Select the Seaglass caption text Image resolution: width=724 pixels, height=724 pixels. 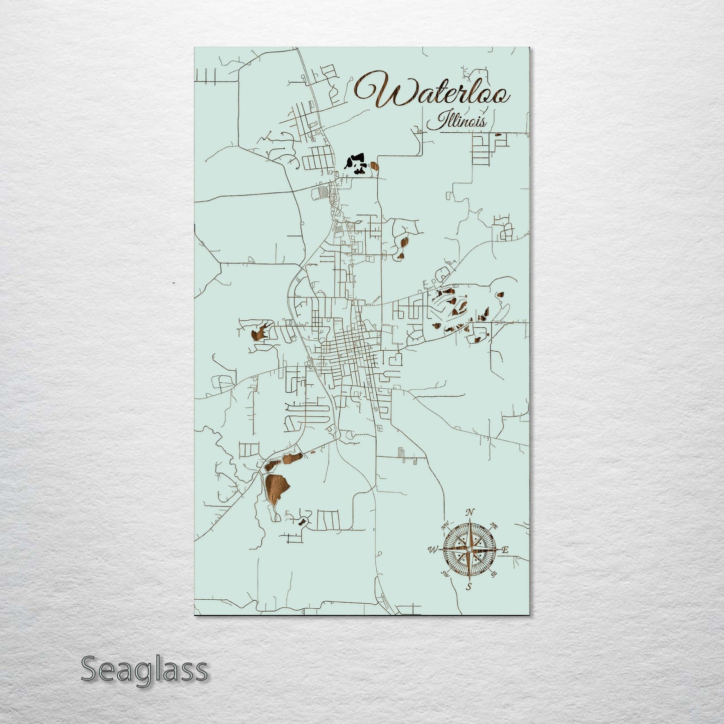pyautogui.click(x=144, y=669)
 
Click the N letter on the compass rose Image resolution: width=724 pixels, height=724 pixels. pyautogui.click(x=469, y=512)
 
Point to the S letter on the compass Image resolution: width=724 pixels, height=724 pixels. pyautogui.click(x=469, y=587)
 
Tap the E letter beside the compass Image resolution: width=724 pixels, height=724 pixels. pyautogui.click(x=505, y=550)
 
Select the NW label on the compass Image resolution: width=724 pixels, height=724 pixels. pyautogui.click(x=444, y=527)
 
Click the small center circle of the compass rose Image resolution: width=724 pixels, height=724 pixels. pyautogui.click(x=469, y=550)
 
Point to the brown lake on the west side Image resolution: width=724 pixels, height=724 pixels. pyautogui.click(x=258, y=333)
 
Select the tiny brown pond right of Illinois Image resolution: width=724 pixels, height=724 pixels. pyautogui.click(x=498, y=135)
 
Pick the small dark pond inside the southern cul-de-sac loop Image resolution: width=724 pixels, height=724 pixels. pyautogui.click(x=302, y=522)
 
